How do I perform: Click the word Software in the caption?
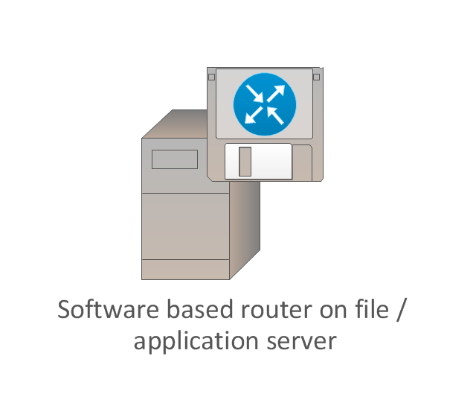pyautogui.click(x=108, y=309)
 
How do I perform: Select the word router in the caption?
pyautogui.click(x=277, y=310)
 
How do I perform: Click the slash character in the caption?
pyautogui.click(x=401, y=310)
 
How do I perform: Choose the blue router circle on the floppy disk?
pyautogui.click(x=265, y=104)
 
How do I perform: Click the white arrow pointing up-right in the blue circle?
pyautogui.click(x=276, y=93)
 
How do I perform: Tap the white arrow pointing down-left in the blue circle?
pyautogui.click(x=254, y=115)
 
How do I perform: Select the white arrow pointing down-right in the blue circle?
pyautogui.click(x=254, y=93)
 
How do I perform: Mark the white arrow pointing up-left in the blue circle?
pyautogui.click(x=275, y=115)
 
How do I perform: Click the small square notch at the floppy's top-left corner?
pyautogui.click(x=211, y=77)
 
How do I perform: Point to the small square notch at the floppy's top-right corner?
pyautogui.click(x=316, y=77)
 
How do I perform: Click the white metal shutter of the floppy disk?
pyautogui.click(x=258, y=162)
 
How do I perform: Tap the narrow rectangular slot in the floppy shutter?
pyautogui.click(x=245, y=162)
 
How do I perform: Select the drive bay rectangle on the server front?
pyautogui.click(x=175, y=159)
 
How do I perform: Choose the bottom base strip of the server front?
pyautogui.click(x=185, y=270)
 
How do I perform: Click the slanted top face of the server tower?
pyautogui.click(x=176, y=124)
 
